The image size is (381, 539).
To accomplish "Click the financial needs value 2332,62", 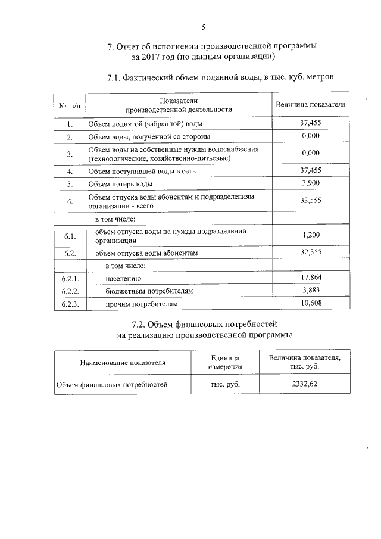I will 304,385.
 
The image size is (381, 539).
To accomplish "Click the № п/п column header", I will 70,106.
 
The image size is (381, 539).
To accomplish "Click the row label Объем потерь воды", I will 120,183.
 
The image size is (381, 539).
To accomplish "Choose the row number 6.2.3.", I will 70,304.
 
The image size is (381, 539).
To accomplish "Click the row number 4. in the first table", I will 70,171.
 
